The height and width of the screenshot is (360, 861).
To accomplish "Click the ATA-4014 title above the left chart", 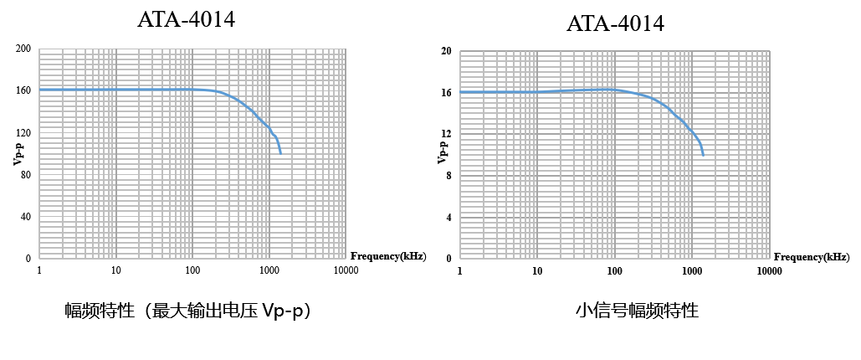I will [x=186, y=19].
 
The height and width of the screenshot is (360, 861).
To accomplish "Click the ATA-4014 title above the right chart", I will [x=615, y=23].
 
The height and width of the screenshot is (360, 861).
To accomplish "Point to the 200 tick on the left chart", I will [x=23, y=49].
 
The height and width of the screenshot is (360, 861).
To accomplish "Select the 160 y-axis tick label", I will [x=23, y=90].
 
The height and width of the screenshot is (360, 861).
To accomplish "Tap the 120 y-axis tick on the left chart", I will [x=23, y=132].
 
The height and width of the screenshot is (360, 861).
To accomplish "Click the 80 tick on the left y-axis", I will [x=26, y=174].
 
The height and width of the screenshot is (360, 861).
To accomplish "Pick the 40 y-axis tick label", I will [x=26, y=216].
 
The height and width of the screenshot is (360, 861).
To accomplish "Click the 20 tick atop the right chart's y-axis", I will [x=446, y=51].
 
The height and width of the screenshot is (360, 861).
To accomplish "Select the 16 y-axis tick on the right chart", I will [x=446, y=92].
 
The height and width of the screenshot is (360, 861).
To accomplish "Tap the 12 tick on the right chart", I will [x=446, y=134].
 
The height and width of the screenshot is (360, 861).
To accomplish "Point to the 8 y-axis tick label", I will [x=448, y=175].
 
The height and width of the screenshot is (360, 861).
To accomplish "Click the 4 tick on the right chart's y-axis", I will [x=448, y=217].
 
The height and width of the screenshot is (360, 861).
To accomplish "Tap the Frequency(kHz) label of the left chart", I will [x=387, y=255].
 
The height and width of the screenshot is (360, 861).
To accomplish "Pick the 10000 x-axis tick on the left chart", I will [x=346, y=270].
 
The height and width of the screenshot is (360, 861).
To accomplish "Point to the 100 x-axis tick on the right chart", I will [x=614, y=271].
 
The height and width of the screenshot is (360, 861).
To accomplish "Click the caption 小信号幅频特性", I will [x=637, y=311].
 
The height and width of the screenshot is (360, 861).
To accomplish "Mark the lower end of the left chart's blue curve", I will [x=280, y=153].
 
